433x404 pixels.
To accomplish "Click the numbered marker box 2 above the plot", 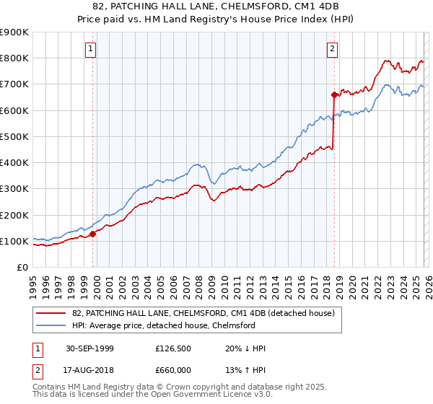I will (x=332, y=49).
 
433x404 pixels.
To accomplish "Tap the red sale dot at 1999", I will (x=93, y=234).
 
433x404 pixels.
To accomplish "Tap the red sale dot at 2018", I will (x=334, y=95).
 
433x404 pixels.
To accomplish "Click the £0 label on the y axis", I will (x=22, y=267).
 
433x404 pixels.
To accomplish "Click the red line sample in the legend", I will (x=52, y=314).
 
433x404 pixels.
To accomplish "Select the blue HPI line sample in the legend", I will (x=52, y=325).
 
